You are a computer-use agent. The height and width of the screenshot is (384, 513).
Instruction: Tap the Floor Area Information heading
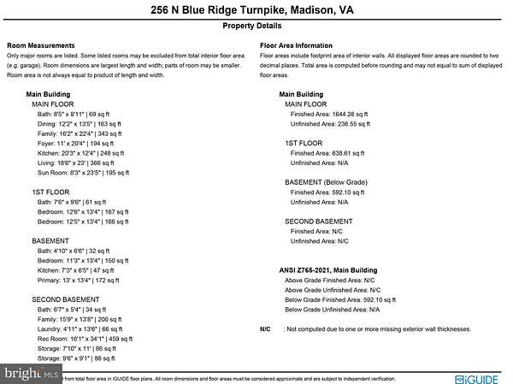(x=296, y=44)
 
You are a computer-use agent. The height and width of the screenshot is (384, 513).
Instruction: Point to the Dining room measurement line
(x=79, y=124)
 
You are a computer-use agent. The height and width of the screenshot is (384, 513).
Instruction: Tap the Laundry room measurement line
(x=80, y=328)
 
